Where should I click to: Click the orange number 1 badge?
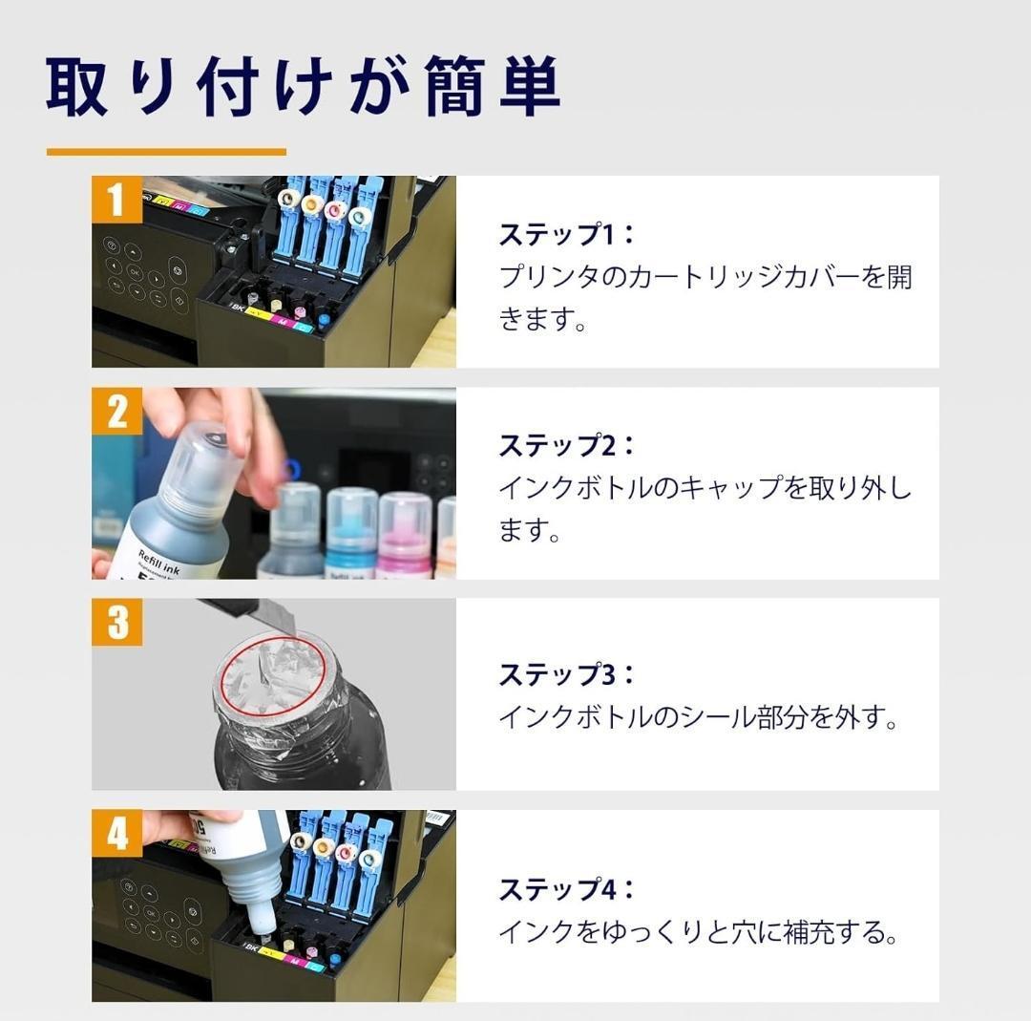pyautogui.click(x=117, y=200)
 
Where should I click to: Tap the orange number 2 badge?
pyautogui.click(x=117, y=411)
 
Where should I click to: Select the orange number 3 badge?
pyautogui.click(x=117, y=622)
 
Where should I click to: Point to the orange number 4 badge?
pyautogui.click(x=117, y=834)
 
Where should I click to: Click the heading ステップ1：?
pyautogui.click(x=567, y=235)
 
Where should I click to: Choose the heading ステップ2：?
pyautogui.click(x=567, y=446)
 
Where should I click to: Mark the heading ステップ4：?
pyautogui.click(x=567, y=890)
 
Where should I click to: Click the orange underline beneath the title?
pyautogui.click(x=166, y=152)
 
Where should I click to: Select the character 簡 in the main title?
pyautogui.click(x=455, y=87)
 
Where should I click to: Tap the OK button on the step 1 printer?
pyautogui.click(x=135, y=271)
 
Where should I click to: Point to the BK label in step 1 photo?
pyautogui.click(x=238, y=308)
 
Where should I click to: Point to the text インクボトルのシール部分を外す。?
pyautogui.click(x=698, y=717)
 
